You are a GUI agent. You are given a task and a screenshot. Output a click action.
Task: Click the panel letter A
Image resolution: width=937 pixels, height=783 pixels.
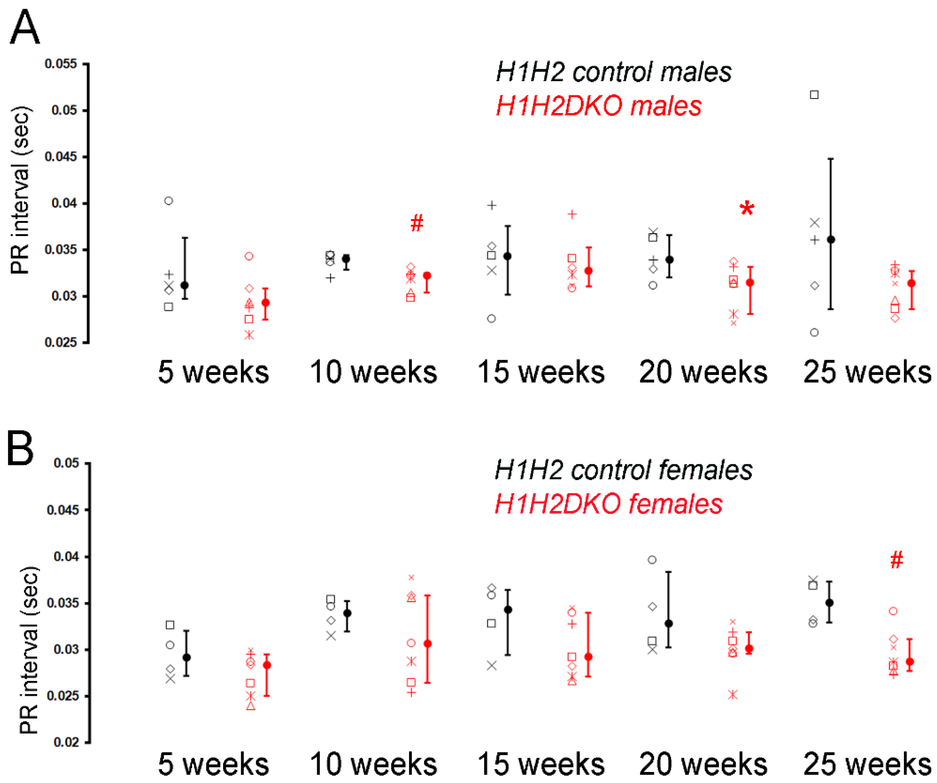(25, 28)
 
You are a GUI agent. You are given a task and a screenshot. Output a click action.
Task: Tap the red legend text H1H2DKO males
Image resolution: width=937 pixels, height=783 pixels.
(598, 106)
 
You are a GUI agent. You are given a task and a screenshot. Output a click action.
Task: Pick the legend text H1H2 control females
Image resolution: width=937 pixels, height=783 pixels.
(623, 470)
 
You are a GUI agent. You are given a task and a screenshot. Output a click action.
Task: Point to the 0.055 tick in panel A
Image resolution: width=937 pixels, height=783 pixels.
(61, 64)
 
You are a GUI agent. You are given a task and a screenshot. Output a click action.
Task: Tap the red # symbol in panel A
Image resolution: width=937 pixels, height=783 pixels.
(416, 222)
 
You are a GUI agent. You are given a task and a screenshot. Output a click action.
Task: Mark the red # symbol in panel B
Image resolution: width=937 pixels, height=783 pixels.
(896, 560)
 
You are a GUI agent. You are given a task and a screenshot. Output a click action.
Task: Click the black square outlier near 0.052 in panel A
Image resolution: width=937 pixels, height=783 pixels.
(814, 95)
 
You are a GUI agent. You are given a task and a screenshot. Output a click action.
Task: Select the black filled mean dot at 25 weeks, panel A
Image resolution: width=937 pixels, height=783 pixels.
(831, 240)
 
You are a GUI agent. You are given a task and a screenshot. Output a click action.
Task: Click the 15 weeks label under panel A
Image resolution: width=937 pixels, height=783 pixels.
(540, 371)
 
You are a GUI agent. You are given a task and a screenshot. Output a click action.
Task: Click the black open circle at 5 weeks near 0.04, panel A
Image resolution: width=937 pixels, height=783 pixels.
(168, 201)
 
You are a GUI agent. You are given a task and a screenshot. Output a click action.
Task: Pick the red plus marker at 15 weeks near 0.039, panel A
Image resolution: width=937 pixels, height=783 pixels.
(572, 214)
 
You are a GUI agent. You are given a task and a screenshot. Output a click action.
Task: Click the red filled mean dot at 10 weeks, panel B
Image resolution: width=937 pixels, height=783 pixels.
(427, 643)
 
